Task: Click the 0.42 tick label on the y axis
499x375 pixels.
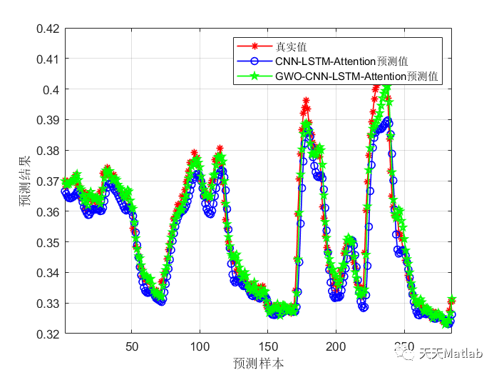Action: pyautogui.click(x=47, y=29)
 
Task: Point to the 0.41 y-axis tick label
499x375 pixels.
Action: pyautogui.click(x=47, y=59)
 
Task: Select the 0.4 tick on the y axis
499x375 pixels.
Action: pyautogui.click(x=51, y=90)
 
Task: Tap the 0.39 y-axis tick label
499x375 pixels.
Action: pyautogui.click(x=47, y=120)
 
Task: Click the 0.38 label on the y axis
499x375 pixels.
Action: pyautogui.click(x=47, y=151)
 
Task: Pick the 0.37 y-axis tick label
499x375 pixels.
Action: pyautogui.click(x=47, y=181)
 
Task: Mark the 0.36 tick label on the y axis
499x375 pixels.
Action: pyautogui.click(x=47, y=212)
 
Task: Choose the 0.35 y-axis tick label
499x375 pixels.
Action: pyautogui.click(x=47, y=243)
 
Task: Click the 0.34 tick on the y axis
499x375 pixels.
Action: pyautogui.click(x=47, y=273)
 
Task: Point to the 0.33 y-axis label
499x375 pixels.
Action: pyautogui.click(x=47, y=304)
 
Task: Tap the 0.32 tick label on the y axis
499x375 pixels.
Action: pyautogui.click(x=47, y=334)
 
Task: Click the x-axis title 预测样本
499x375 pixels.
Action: pyautogui.click(x=258, y=363)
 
